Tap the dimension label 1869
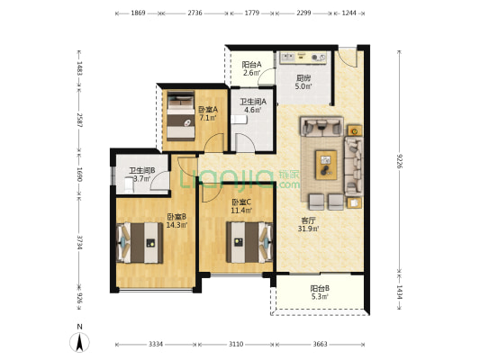138,13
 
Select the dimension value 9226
399,161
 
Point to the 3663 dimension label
320,345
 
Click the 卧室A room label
208,110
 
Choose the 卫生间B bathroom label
141,171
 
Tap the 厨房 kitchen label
303,78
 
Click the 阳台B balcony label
320,288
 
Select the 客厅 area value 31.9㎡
309,229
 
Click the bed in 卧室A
181,116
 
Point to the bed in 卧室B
140,243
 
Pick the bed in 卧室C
249,242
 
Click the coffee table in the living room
326,165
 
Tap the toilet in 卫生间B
129,184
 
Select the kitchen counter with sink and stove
303,58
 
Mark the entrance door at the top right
348,58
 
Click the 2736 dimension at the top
195,13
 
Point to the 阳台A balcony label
251,65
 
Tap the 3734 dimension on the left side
79,242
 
